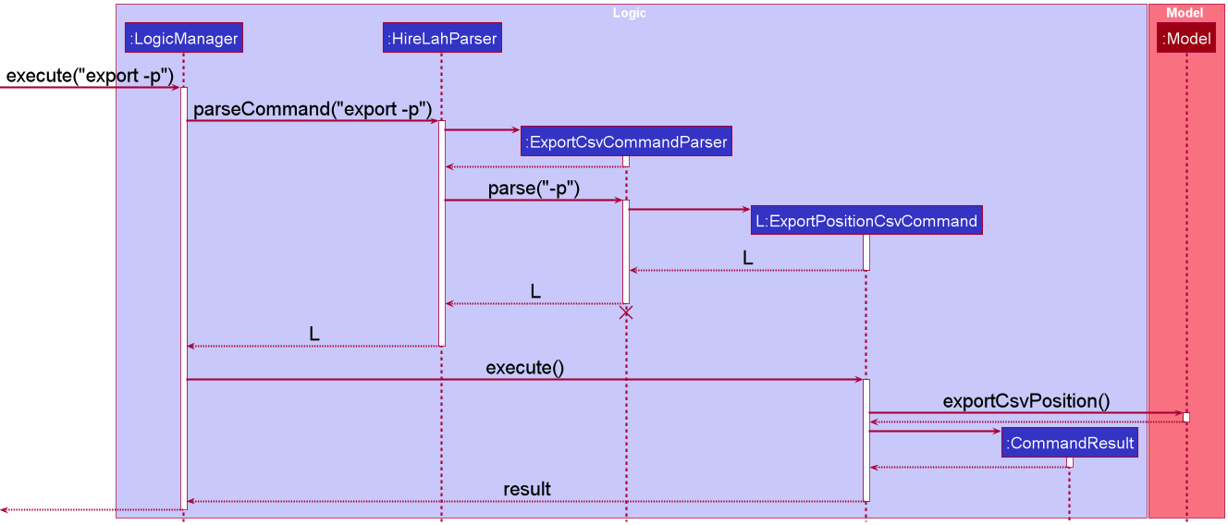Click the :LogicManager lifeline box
[184, 38]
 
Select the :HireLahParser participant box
[442, 38]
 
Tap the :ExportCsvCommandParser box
[626, 141]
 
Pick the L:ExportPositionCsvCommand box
[866, 220]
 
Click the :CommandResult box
[1070, 442]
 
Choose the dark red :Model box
[1186, 38]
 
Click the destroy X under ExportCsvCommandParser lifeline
[625, 312]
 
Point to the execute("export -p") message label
[90, 76]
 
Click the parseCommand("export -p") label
[313, 109]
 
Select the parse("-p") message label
[534, 189]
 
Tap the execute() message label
[524, 368]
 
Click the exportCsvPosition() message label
[1026, 401]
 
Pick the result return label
[527, 489]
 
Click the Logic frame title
[630, 13]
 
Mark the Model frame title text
[1185, 13]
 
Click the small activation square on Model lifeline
[1186, 418]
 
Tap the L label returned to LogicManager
[314, 334]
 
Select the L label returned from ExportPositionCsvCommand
[748, 258]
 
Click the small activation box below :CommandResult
[1070, 462]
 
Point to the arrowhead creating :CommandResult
[998, 432]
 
